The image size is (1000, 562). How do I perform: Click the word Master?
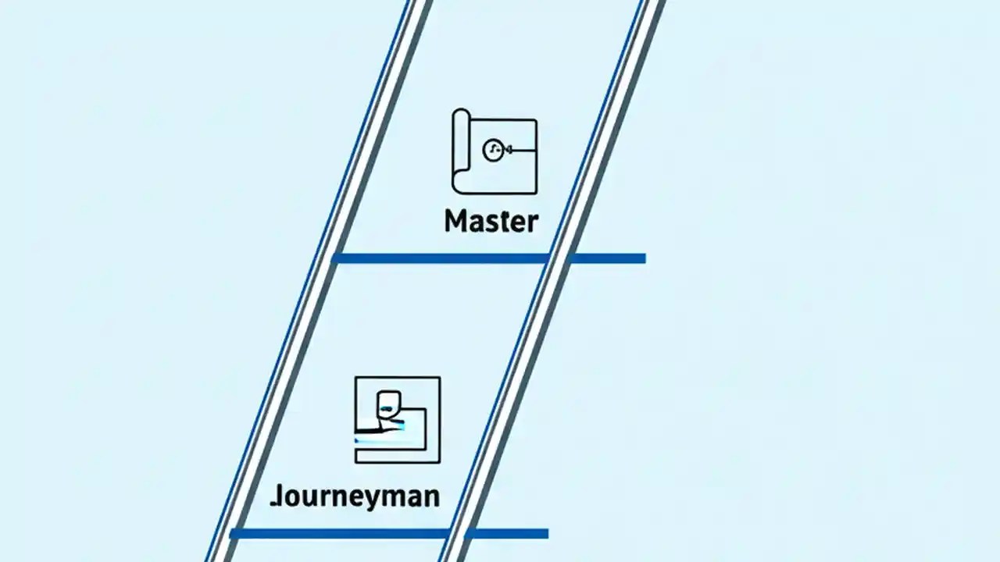pyautogui.click(x=491, y=221)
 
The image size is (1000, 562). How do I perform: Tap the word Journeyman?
pyautogui.click(x=355, y=496)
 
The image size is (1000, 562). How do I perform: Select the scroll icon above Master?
pyautogui.click(x=494, y=151)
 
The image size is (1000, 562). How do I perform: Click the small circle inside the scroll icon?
pyautogui.click(x=492, y=151)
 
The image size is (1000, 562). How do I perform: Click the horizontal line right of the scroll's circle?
pyautogui.click(x=522, y=150)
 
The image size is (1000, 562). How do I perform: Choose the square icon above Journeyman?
pyautogui.click(x=397, y=420)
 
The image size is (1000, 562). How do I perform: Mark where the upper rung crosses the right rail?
pyautogui.click(x=560, y=258)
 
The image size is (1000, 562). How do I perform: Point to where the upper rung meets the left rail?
pyautogui.click(x=337, y=258)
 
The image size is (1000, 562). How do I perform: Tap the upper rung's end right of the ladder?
pyautogui.click(x=641, y=258)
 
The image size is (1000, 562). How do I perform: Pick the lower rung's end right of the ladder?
pyautogui.click(x=545, y=534)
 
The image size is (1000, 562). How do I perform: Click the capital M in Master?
pyautogui.click(x=455, y=221)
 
